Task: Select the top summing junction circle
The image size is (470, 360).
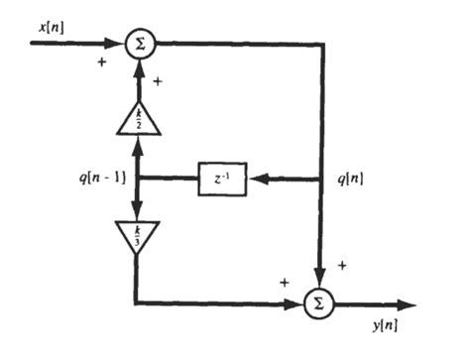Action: click(138, 44)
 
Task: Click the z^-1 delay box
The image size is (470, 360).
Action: click(222, 180)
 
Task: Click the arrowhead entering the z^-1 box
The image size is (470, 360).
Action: click(255, 180)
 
